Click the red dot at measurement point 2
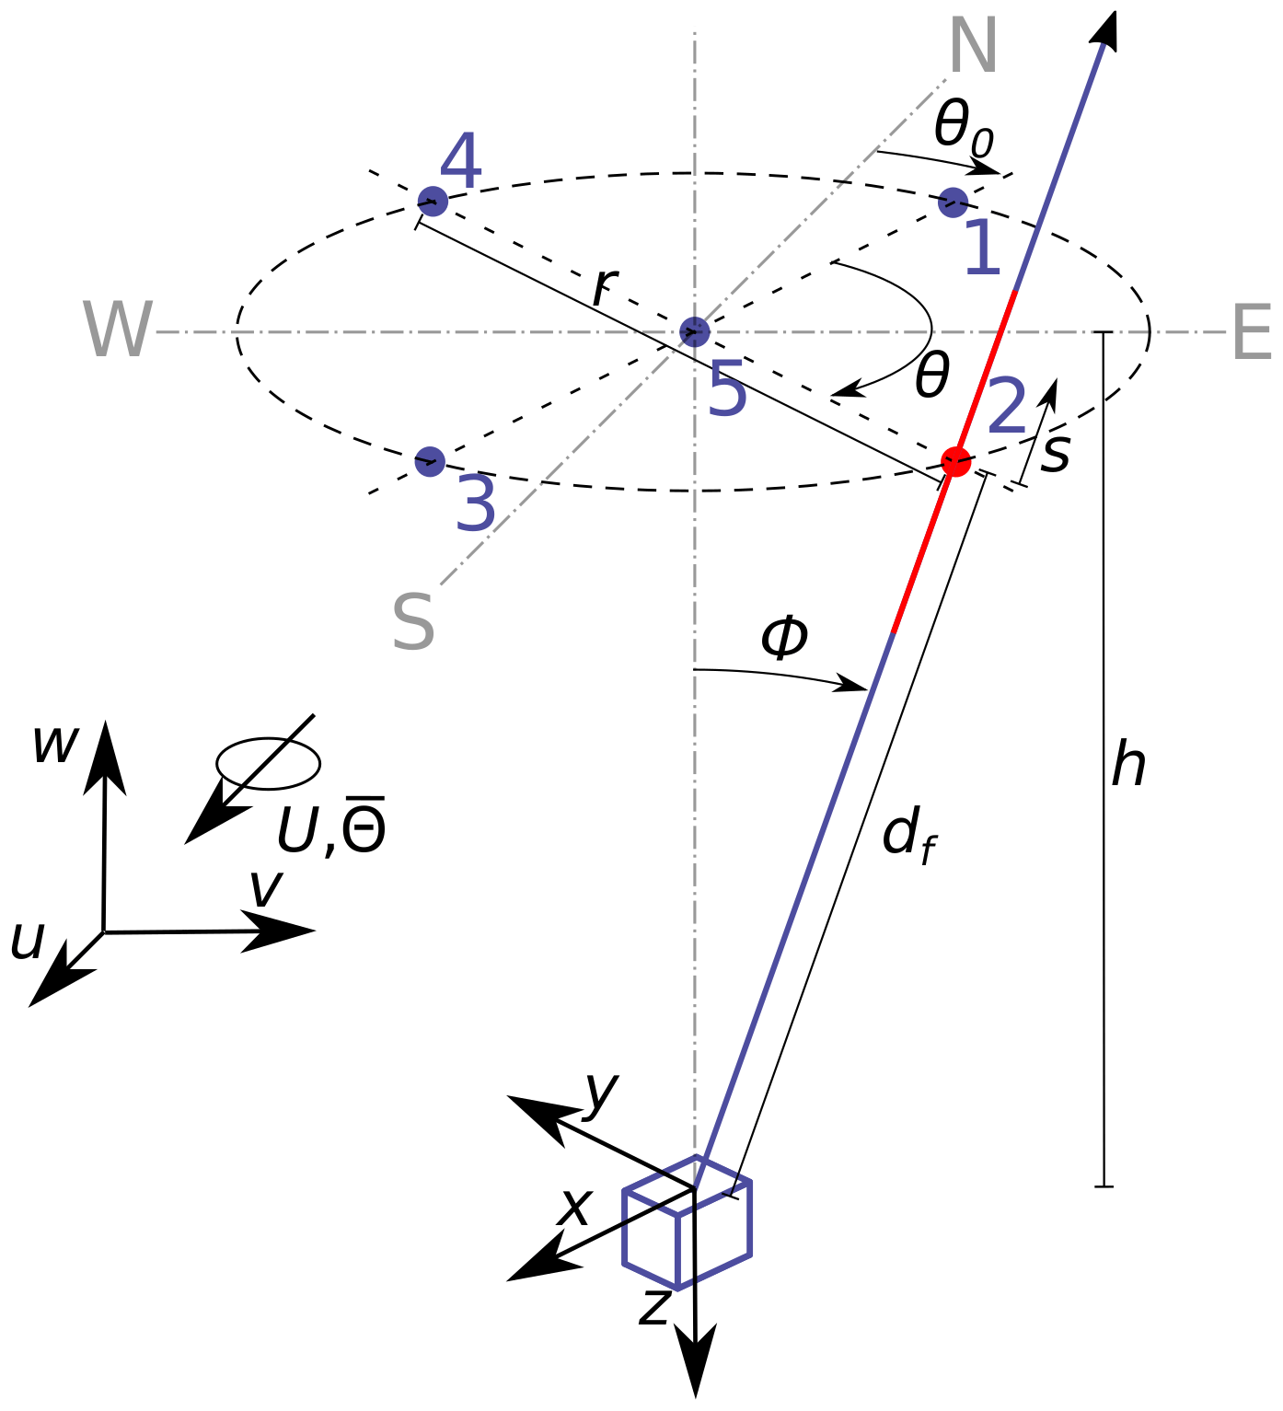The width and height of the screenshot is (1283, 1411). pyautogui.click(x=956, y=461)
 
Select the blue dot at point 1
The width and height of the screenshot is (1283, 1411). pyautogui.click(x=953, y=202)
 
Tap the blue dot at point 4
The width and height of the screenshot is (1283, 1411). pyautogui.click(x=433, y=201)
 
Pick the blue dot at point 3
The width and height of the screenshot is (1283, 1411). pyautogui.click(x=430, y=461)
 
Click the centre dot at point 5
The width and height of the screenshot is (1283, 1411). pyautogui.click(x=694, y=330)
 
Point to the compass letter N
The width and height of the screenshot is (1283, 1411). pyautogui.click(x=972, y=46)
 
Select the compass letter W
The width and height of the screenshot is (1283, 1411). pyautogui.click(x=117, y=330)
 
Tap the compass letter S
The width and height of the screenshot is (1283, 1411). pyautogui.click(x=413, y=623)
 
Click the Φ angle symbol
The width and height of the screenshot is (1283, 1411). pyautogui.click(x=784, y=637)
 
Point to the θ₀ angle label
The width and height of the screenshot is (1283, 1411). pyautogui.click(x=963, y=127)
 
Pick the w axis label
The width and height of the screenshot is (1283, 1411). pyautogui.click(x=54, y=744)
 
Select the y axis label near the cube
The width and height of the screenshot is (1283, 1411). pyautogui.click(x=600, y=1092)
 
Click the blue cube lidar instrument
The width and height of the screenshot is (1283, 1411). pyautogui.click(x=687, y=1223)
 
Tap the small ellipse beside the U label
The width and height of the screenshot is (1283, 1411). pyautogui.click(x=268, y=764)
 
